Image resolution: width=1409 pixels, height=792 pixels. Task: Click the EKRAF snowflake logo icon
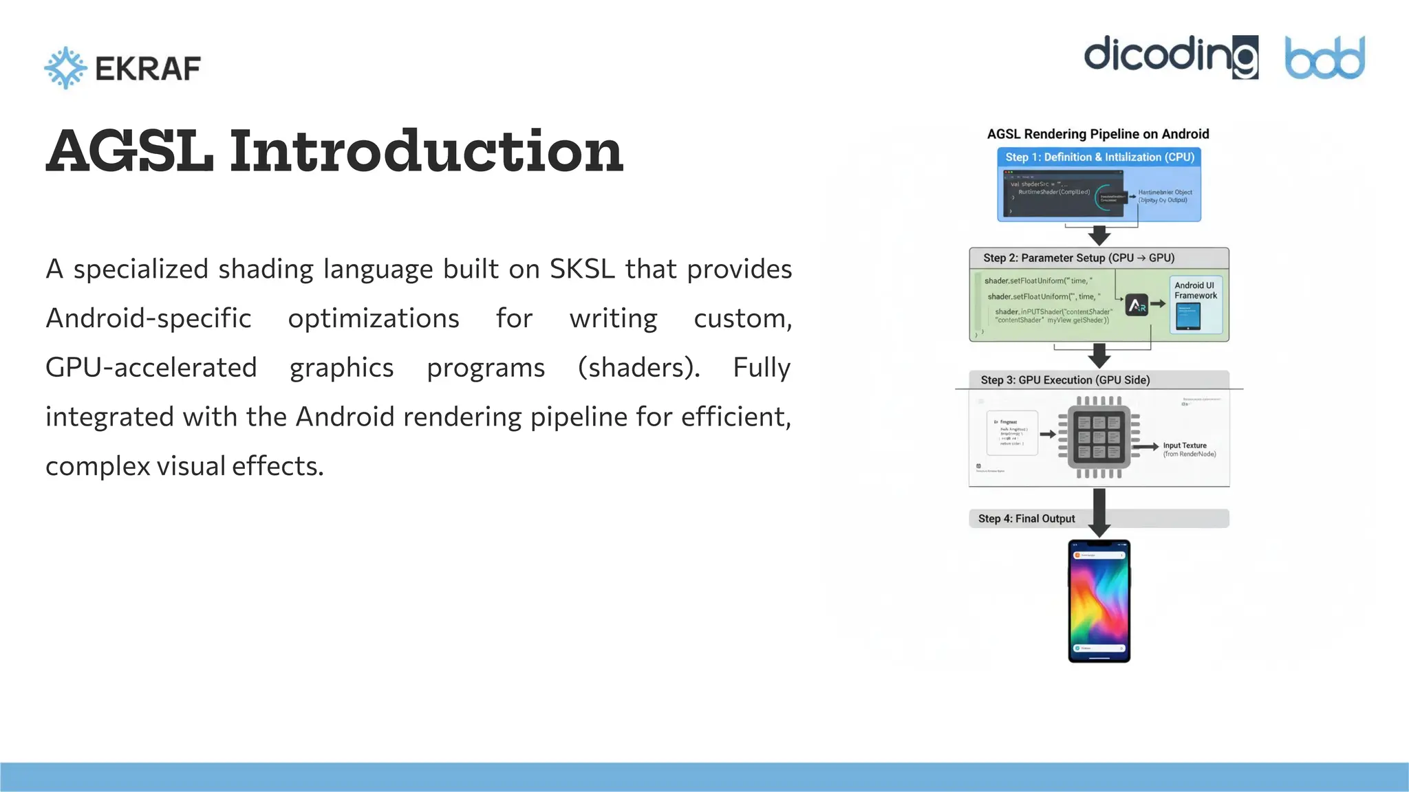coord(65,68)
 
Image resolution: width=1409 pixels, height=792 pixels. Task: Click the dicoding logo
coord(1170,57)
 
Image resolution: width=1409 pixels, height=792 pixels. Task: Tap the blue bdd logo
coord(1324,58)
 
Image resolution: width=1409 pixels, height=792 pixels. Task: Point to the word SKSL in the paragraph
coord(582,269)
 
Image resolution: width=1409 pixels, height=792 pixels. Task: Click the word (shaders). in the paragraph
coord(638,367)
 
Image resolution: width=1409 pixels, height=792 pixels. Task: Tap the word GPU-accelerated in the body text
coord(151,367)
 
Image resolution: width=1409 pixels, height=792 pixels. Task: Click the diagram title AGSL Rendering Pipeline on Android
coord(1098,134)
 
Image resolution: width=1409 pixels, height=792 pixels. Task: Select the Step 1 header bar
coord(1099,157)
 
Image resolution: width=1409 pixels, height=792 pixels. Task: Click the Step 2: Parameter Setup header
coord(1078,258)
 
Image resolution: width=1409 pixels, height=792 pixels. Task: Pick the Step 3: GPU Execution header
coord(1065,380)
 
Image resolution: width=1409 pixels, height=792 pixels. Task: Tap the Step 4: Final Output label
coord(1026,518)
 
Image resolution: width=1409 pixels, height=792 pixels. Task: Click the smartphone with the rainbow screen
coord(1099,601)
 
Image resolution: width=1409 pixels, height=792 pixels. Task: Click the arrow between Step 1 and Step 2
coord(1099,235)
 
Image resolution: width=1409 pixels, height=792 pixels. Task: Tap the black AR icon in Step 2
coord(1137,304)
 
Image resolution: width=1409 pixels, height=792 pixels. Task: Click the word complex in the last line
coord(98,466)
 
